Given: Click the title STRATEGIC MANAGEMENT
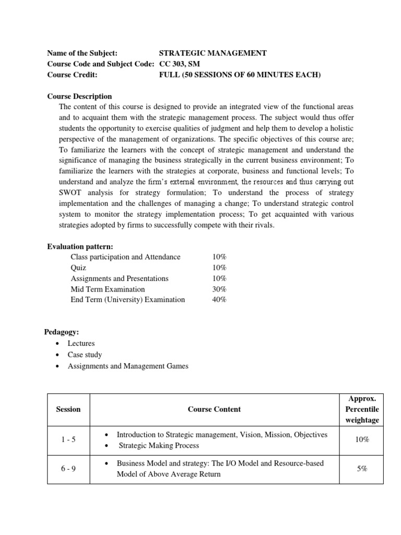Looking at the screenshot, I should pos(213,53).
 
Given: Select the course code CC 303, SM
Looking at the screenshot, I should pos(179,64).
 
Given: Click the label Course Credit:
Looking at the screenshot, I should pos(72,74).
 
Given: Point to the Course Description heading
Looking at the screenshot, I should pos(79,96).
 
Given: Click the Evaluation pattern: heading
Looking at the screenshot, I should pos(80,246).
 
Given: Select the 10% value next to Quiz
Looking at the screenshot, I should pos(219,267).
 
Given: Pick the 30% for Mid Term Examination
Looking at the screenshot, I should pos(219,289).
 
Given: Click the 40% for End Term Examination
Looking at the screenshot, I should pos(219,299).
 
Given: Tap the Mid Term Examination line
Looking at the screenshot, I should pos(108,289).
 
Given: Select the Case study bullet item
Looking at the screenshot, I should pos(85,355).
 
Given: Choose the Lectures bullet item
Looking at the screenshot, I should pos(81,343).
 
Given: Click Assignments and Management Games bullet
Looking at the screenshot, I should pos(128,366).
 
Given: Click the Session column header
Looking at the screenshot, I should pos(68,409).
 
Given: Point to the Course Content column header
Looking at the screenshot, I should pos(214,409).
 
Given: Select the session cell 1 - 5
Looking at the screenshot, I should pos(68,440).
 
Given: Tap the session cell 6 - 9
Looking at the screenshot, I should pos(68,469).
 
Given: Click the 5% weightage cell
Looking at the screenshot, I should pos(362,469).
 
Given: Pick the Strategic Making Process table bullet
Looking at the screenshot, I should pos(159,446).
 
